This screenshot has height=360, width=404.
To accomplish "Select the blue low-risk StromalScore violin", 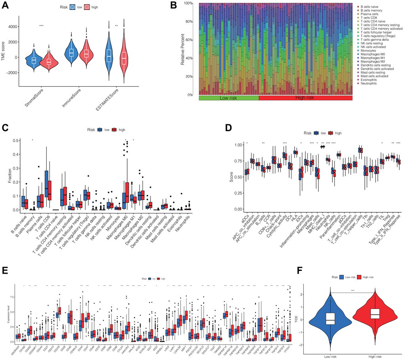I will (x=34, y=60).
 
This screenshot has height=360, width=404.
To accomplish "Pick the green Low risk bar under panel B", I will (x=229, y=98).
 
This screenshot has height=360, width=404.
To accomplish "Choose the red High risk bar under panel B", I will (x=305, y=98).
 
